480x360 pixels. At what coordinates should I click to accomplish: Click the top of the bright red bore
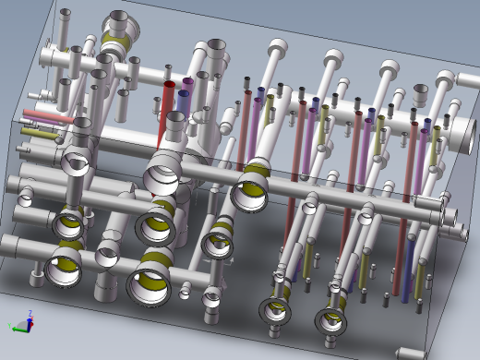point(170,86)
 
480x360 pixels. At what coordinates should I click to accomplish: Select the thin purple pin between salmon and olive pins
point(42,126)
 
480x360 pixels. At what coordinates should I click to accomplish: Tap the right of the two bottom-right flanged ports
point(330,319)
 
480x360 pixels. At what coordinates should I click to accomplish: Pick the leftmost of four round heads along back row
point(279,47)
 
